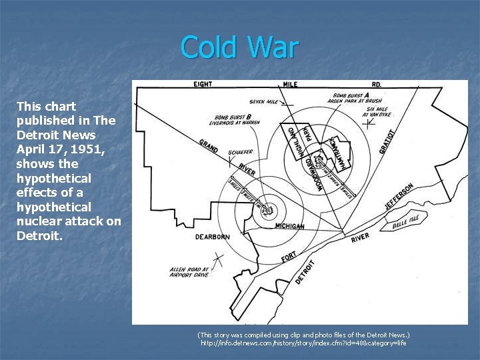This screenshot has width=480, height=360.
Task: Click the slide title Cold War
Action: (239, 47)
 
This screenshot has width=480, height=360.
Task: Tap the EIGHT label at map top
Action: (203, 84)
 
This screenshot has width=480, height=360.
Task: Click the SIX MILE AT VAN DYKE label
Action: (377, 113)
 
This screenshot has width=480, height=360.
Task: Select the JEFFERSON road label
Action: (399, 197)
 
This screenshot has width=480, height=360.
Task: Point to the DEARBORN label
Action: (213, 237)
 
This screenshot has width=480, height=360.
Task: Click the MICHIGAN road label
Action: (289, 226)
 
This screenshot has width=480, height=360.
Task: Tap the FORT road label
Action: (289, 256)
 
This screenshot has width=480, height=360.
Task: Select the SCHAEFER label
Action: (240, 152)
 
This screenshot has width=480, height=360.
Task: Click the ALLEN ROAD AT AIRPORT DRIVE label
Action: (189, 271)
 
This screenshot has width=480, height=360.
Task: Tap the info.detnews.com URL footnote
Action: (303, 343)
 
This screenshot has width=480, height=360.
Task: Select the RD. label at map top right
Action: (377, 85)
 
